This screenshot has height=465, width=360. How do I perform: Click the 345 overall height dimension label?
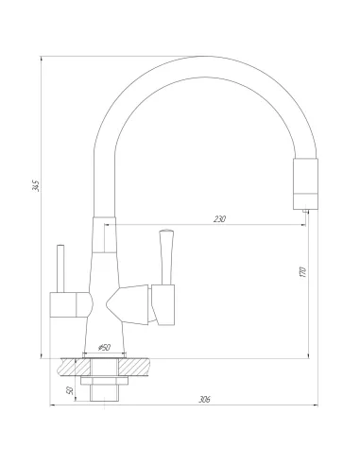pos(35,185)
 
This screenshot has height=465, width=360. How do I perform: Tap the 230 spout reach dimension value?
pos(220,219)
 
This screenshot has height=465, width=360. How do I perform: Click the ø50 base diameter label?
pos(105,348)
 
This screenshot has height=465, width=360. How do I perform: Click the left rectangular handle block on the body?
pos(68,304)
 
